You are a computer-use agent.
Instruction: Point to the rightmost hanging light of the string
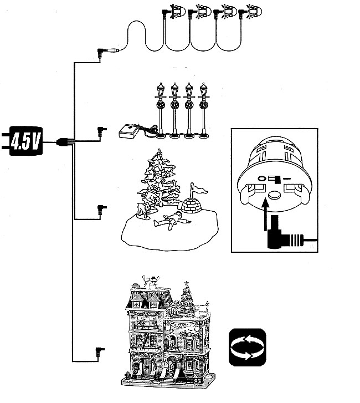coord(255,11)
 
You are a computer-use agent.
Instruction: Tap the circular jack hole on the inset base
coord(261,179)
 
